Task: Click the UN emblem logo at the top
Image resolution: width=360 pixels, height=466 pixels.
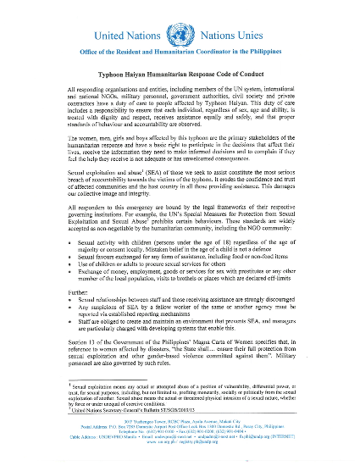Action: point(180,37)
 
